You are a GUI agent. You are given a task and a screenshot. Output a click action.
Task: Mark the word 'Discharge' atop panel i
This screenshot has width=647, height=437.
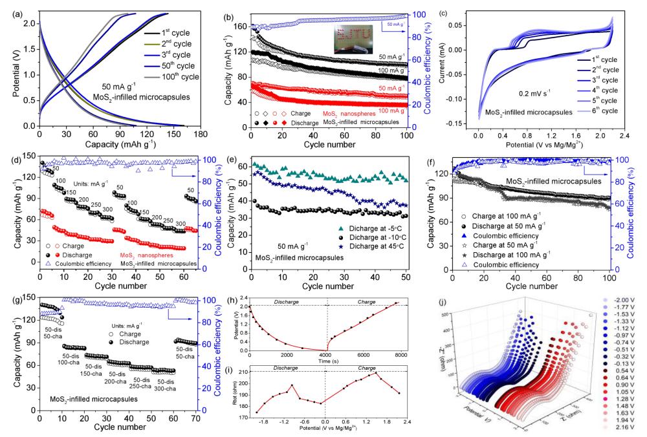(x=283, y=367)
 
